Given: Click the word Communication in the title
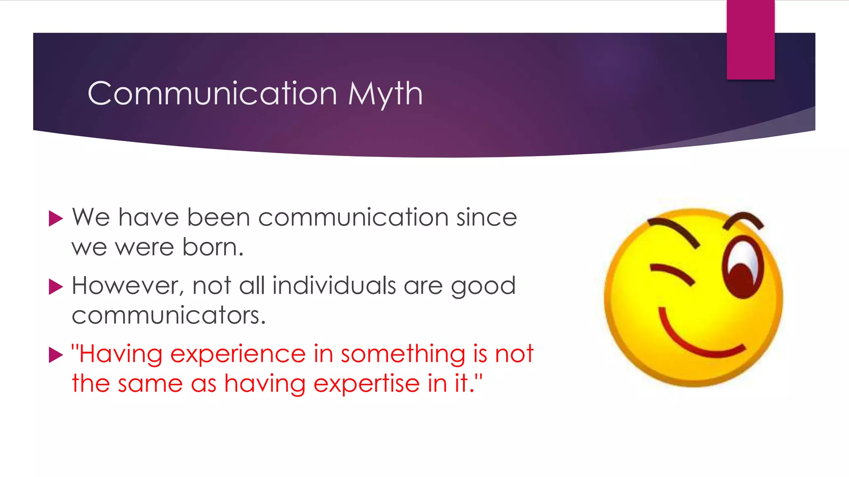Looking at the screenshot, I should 212,94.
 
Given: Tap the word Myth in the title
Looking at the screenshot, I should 385,94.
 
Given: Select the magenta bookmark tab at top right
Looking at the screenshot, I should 750,40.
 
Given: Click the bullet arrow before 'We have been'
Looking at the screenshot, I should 56,218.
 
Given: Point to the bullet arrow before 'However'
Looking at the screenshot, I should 56,287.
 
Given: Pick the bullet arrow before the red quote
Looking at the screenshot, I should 56,355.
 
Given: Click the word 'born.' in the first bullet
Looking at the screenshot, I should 213,247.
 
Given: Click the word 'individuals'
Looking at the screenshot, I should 334,286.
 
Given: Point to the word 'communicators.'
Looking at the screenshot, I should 168,316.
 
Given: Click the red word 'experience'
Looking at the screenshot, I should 238,355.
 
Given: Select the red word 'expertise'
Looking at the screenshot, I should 366,384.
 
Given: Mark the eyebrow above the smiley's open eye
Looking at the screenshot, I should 744,219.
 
